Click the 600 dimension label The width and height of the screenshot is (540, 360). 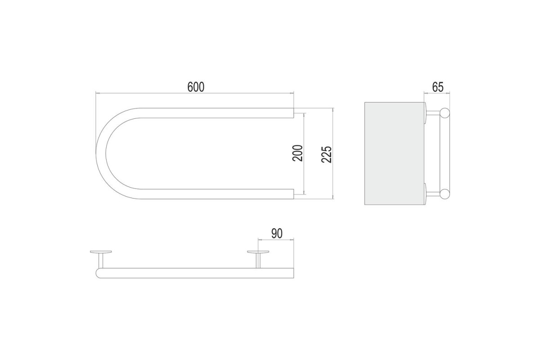click(196, 87)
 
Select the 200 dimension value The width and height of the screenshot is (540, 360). click(297, 153)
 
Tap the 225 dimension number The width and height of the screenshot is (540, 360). click(327, 154)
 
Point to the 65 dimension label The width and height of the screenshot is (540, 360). click(438, 87)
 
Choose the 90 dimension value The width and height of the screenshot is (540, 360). click(277, 234)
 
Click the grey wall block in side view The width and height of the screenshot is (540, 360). click(394, 153)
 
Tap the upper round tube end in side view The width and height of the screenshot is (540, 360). click(445, 113)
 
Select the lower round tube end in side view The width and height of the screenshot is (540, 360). click(445, 194)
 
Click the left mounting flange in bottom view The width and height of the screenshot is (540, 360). click(101, 252)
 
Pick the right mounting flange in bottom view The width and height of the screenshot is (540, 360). click(258, 252)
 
